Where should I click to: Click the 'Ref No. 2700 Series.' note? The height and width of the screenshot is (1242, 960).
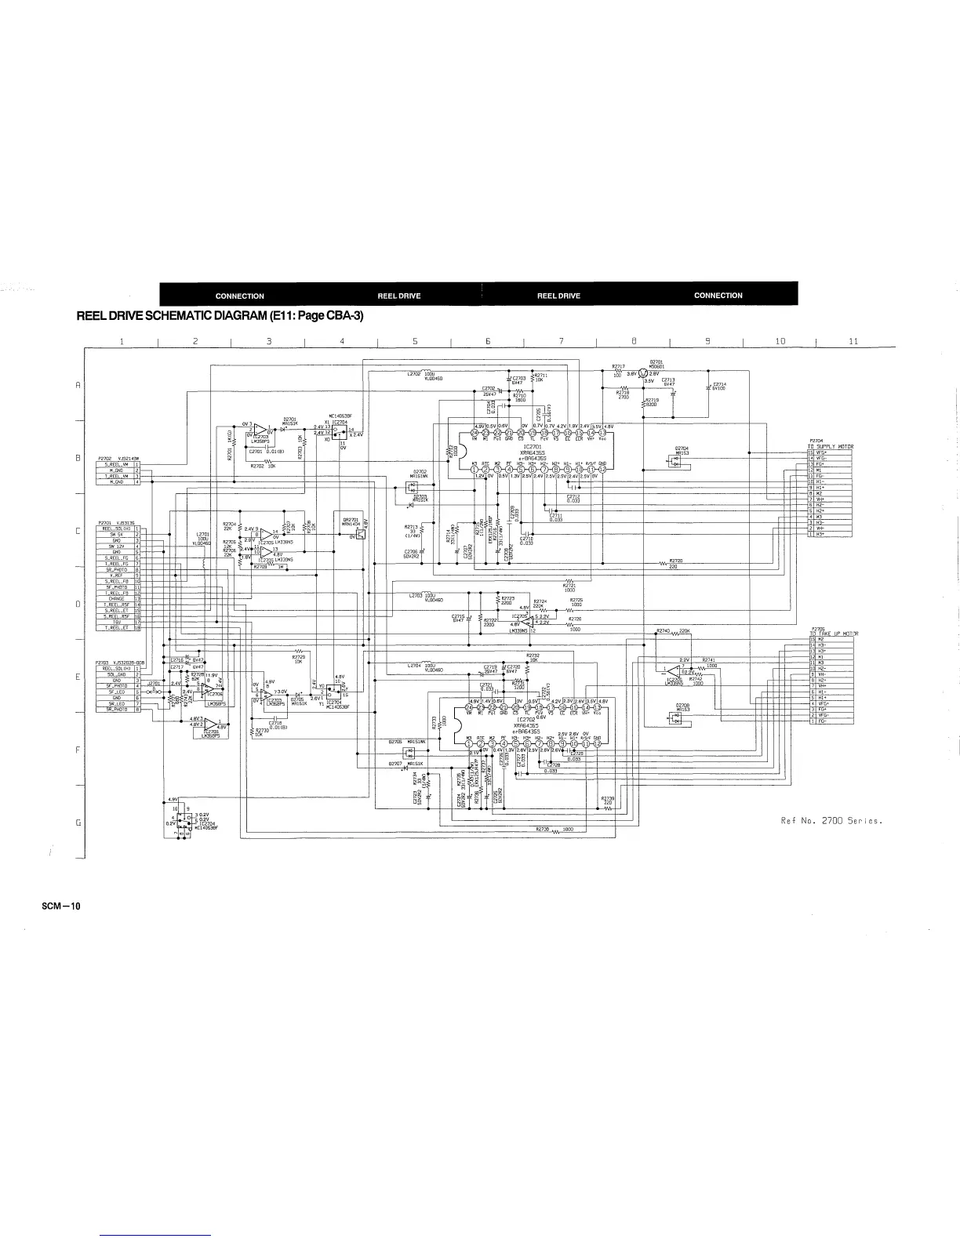coord(832,821)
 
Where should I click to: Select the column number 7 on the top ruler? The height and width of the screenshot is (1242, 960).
coord(561,341)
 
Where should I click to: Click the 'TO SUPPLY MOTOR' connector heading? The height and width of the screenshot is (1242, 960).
coord(831,446)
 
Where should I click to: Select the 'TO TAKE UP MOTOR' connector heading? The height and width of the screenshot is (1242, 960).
coord(833,634)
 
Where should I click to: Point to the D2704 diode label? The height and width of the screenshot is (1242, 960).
coord(682,450)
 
